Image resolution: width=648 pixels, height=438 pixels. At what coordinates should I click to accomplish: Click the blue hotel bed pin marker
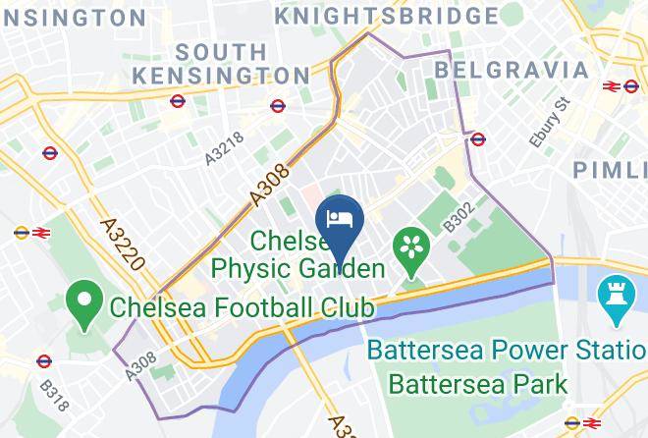click(340, 217)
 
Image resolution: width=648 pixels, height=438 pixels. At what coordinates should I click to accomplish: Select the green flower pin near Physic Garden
click(409, 247)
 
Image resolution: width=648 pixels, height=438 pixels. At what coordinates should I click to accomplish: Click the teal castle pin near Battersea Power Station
click(613, 297)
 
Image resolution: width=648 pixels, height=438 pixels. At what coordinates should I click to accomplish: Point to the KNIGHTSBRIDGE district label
click(386, 17)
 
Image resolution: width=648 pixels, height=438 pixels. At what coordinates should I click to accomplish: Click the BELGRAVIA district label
click(512, 70)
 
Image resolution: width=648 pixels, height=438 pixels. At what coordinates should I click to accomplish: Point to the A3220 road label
click(123, 245)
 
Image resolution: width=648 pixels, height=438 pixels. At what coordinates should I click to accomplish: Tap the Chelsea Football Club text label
click(242, 307)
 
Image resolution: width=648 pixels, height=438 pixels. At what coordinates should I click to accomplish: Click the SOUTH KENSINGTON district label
click(223, 63)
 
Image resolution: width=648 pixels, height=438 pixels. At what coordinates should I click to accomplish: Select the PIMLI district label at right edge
click(610, 170)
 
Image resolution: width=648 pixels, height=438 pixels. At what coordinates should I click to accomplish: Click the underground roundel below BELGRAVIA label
click(478, 139)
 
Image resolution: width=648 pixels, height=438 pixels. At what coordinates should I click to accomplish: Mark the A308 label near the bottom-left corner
click(140, 366)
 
